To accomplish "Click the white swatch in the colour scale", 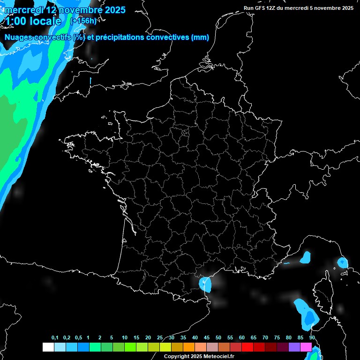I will pos(48,347).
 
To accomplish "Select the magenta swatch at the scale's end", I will pos(306,347).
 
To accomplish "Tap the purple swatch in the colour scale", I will pos(294,347).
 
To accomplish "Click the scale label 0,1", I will pos(55,338).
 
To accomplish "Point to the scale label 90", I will pos(312,338).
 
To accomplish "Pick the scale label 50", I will pos(218,338).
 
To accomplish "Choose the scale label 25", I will pos(160,338).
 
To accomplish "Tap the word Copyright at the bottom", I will pos(177,356).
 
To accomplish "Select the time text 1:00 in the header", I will pos(17,21).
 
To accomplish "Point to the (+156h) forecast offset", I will pos(83,21).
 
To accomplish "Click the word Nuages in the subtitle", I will pos(18,37).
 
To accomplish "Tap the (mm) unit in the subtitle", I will pos(200,37).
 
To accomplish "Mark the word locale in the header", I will pos(47,21).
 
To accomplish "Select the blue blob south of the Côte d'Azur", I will pos(306,257).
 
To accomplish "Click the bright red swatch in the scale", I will pos(247,347).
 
